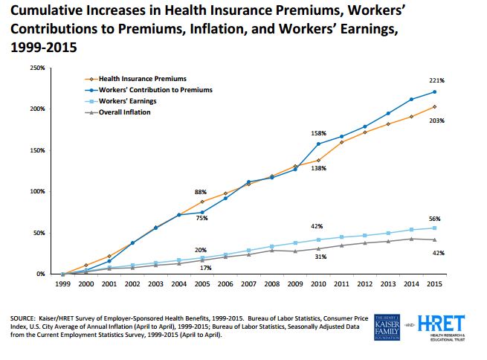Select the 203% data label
point(437,120)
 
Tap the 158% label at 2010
point(318,133)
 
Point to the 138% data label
point(318,169)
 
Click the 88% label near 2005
point(201,192)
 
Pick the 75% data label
point(201,219)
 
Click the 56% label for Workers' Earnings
point(435,219)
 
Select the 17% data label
point(207,268)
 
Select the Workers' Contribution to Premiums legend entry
point(155,89)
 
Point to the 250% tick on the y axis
point(36,68)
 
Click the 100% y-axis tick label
point(36,191)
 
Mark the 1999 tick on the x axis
point(63,283)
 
